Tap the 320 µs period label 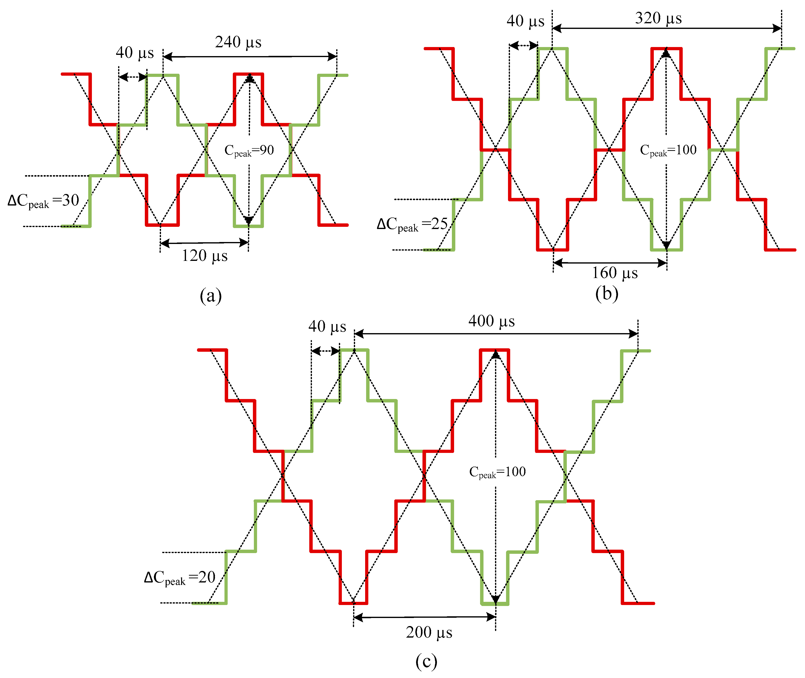coord(658,18)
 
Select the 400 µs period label coord(491,321)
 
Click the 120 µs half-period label coord(205,255)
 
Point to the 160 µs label coord(615,273)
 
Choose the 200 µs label coord(429,632)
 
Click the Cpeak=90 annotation coord(249,150)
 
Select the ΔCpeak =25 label coord(412,224)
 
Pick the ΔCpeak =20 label coord(180,578)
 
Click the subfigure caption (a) coord(211,296)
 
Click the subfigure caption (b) coord(607,294)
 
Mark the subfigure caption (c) coord(426,661)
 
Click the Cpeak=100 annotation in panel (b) coord(668,150)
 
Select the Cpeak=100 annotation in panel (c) coord(497,472)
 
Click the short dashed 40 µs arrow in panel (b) coord(523,46)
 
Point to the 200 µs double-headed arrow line coord(424,617)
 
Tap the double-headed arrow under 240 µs coord(250,57)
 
